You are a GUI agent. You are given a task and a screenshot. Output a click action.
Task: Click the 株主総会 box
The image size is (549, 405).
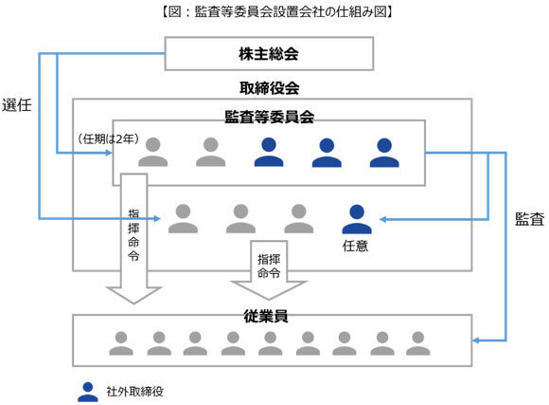(x=269, y=54)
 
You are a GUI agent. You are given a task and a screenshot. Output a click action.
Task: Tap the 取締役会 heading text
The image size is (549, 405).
(x=269, y=88)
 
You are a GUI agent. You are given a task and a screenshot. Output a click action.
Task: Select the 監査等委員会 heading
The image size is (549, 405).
(x=269, y=117)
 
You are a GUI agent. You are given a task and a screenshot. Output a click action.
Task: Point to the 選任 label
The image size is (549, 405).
(x=16, y=105)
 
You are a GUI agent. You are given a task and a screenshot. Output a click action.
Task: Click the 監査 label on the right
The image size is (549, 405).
(x=529, y=219)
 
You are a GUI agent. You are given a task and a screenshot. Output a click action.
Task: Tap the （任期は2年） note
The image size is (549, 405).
(x=108, y=139)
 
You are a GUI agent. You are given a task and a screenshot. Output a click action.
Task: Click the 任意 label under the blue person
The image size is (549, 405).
(x=355, y=246)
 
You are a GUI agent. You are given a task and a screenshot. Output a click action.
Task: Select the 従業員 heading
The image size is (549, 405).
(x=266, y=316)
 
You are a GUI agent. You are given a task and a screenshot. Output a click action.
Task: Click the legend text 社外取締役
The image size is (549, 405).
(x=134, y=392)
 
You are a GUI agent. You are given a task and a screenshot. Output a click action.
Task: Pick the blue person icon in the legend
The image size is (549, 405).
(x=88, y=392)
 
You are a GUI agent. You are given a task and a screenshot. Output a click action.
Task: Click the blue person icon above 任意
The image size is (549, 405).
(x=357, y=219)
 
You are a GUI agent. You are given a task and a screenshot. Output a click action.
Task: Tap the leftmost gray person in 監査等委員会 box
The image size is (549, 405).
(x=153, y=152)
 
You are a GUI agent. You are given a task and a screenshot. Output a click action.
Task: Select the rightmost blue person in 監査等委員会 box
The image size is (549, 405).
(x=384, y=153)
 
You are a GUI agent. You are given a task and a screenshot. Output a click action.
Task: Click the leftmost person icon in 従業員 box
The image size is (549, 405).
(x=121, y=343)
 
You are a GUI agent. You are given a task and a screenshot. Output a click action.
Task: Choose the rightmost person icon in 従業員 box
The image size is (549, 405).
(x=418, y=343)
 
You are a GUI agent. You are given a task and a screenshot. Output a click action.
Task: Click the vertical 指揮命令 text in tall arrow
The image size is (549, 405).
(x=133, y=235)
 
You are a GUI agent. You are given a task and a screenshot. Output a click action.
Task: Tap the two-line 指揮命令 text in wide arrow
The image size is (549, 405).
(x=269, y=266)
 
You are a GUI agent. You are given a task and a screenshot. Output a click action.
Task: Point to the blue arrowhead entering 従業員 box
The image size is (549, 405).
(x=476, y=341)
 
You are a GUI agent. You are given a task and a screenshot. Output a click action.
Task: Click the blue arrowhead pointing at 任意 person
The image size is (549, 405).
(x=383, y=219)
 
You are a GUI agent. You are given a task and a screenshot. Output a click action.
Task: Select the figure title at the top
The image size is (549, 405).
(x=276, y=11)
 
